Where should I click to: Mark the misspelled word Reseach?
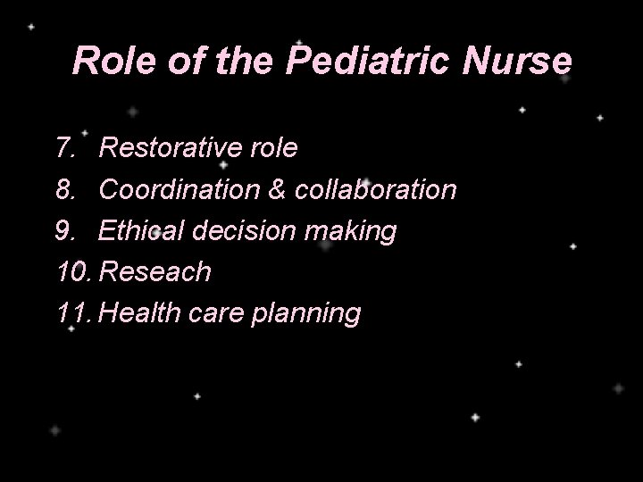click(x=155, y=272)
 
